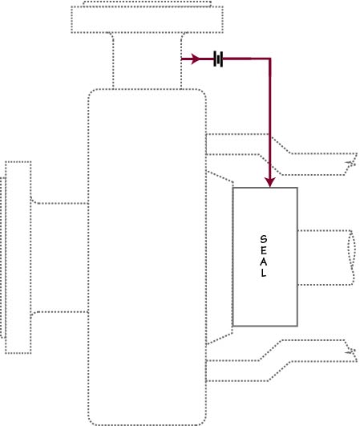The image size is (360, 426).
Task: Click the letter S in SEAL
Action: [263, 239]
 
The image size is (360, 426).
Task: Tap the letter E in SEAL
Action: [263, 250]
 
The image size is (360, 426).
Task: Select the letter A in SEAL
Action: [263, 262]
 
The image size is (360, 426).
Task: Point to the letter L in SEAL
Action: [263, 273]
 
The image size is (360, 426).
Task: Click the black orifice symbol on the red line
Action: [218, 59]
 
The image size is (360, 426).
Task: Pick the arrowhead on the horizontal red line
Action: [196, 59]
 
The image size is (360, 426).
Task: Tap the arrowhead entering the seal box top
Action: [270, 183]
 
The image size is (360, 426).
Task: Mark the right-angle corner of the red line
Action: [270, 59]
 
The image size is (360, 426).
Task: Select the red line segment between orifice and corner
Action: [246, 59]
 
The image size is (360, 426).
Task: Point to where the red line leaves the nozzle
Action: [181, 59]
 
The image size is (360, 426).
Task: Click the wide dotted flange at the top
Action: [148, 19]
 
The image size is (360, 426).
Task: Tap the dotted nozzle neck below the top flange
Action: [147, 60]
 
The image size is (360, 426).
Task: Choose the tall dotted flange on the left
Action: [18, 258]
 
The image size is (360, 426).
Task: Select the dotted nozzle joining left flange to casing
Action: [59, 258]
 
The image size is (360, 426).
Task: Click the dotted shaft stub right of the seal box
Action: [326, 258]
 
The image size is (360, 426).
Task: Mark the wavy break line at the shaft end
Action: [352, 258]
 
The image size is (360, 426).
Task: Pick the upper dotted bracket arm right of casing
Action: [281, 154]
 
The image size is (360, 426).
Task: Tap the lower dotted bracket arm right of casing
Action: [281, 360]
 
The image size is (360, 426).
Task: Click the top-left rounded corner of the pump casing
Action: [91, 92]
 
